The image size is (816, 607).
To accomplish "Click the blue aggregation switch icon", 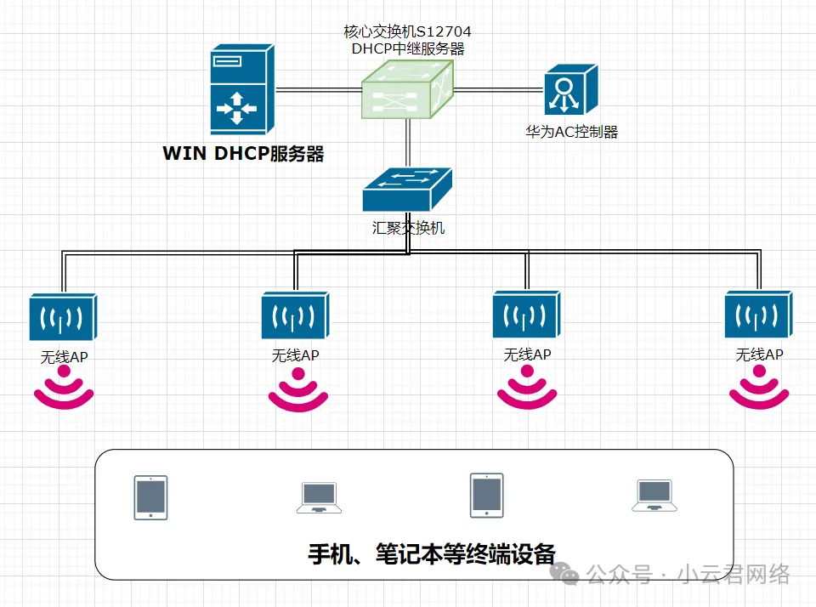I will [406, 190].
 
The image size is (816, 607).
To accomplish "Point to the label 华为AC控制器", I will [571, 132].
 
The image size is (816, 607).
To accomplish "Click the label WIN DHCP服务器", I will [243, 154].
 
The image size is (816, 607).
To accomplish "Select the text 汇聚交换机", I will [408, 228].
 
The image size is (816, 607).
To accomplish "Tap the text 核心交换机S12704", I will [407, 31].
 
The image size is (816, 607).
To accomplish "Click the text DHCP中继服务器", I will [408, 48].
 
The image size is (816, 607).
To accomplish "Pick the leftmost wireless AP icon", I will [63, 317].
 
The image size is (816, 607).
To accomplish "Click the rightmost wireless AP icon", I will [758, 315].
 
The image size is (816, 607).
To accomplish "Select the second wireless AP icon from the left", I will [295, 316].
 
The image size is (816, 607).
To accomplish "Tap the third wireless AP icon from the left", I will [526, 315].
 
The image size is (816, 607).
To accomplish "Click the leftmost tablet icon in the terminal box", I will [150, 497].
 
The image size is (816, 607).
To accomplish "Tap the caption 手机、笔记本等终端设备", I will [431, 554].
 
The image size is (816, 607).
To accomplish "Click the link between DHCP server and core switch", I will [316, 89].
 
